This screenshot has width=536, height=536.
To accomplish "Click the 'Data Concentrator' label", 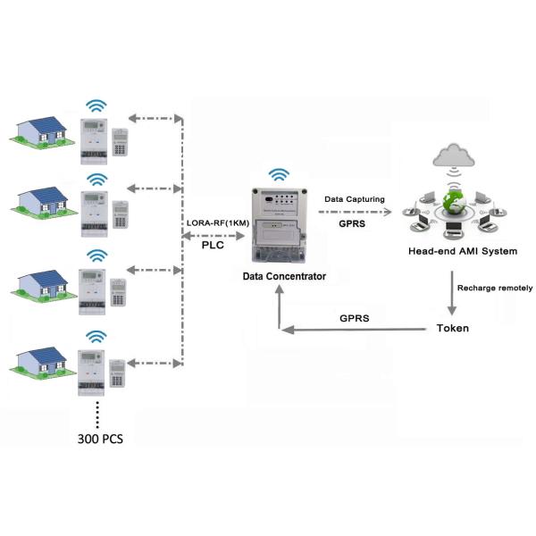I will [284, 276].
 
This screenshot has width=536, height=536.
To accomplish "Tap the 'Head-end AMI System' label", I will [462, 251].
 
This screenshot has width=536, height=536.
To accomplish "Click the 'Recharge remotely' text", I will [494, 288].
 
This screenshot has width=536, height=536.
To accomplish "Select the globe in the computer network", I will [455, 202].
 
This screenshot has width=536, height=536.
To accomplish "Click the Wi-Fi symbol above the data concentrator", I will [281, 173].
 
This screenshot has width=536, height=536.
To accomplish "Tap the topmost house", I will [43, 130].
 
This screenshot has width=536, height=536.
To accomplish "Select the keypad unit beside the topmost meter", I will [122, 143].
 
